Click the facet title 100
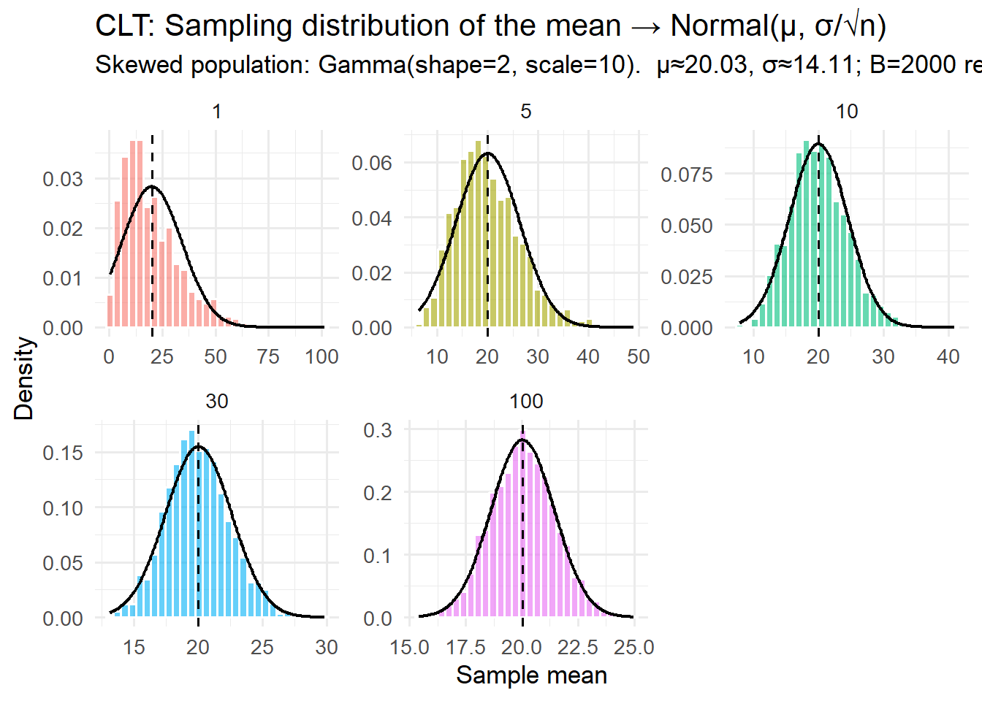point(526,401)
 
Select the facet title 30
point(217,401)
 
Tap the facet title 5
point(526,111)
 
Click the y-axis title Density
point(24,378)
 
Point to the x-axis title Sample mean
point(531,675)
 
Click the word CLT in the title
point(123,26)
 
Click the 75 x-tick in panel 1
point(268,356)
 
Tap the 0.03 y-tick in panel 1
point(63,180)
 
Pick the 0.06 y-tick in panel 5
point(372,163)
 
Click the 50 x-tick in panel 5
point(639,356)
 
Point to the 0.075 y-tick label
point(687,175)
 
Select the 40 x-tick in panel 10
point(948,356)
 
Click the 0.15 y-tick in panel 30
point(63,453)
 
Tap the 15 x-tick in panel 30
point(134,647)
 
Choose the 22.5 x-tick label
point(578,647)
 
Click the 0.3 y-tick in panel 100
point(378,430)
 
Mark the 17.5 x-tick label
point(466,647)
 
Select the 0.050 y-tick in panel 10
point(687,226)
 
